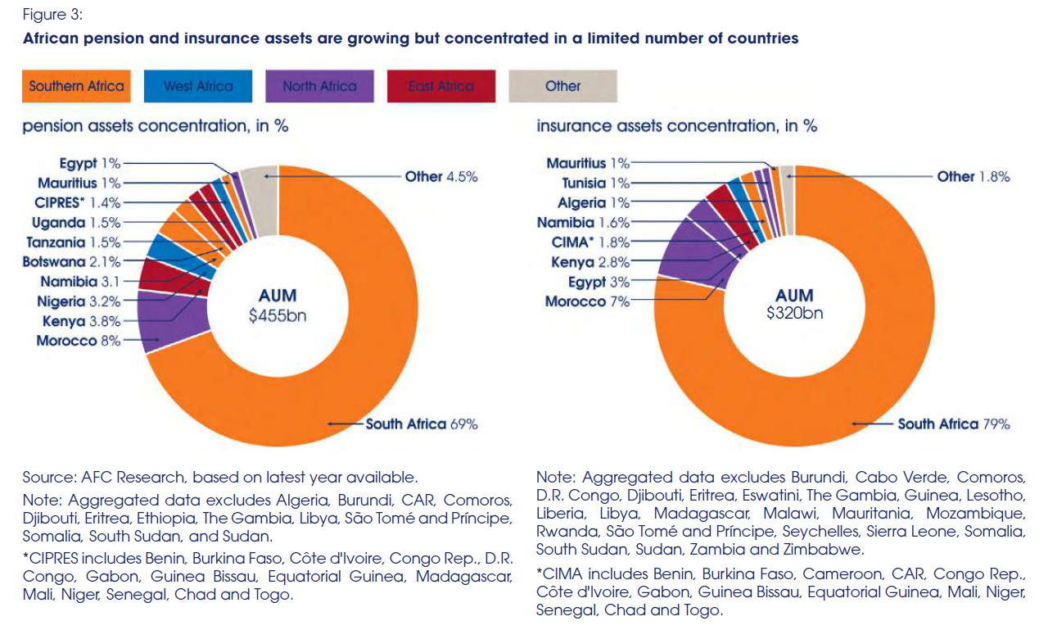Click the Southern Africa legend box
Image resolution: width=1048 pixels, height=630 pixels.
76,86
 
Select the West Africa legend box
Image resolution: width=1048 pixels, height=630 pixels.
198,86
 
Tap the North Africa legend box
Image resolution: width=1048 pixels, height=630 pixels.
319,86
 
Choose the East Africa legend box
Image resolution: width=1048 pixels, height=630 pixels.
441,86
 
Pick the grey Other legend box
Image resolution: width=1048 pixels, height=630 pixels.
562,86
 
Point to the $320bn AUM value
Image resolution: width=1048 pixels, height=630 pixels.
794,312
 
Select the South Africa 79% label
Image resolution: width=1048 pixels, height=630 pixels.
954,424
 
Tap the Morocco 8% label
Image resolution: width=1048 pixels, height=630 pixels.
78,341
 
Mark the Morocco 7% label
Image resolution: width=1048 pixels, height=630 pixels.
587,301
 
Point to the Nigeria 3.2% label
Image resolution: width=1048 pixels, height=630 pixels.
79,301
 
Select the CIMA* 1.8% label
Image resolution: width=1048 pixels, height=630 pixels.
590,242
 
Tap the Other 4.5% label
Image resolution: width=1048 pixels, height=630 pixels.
441,176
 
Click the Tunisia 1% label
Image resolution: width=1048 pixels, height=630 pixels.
595,184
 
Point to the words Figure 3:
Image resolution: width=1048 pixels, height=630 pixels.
52,15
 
